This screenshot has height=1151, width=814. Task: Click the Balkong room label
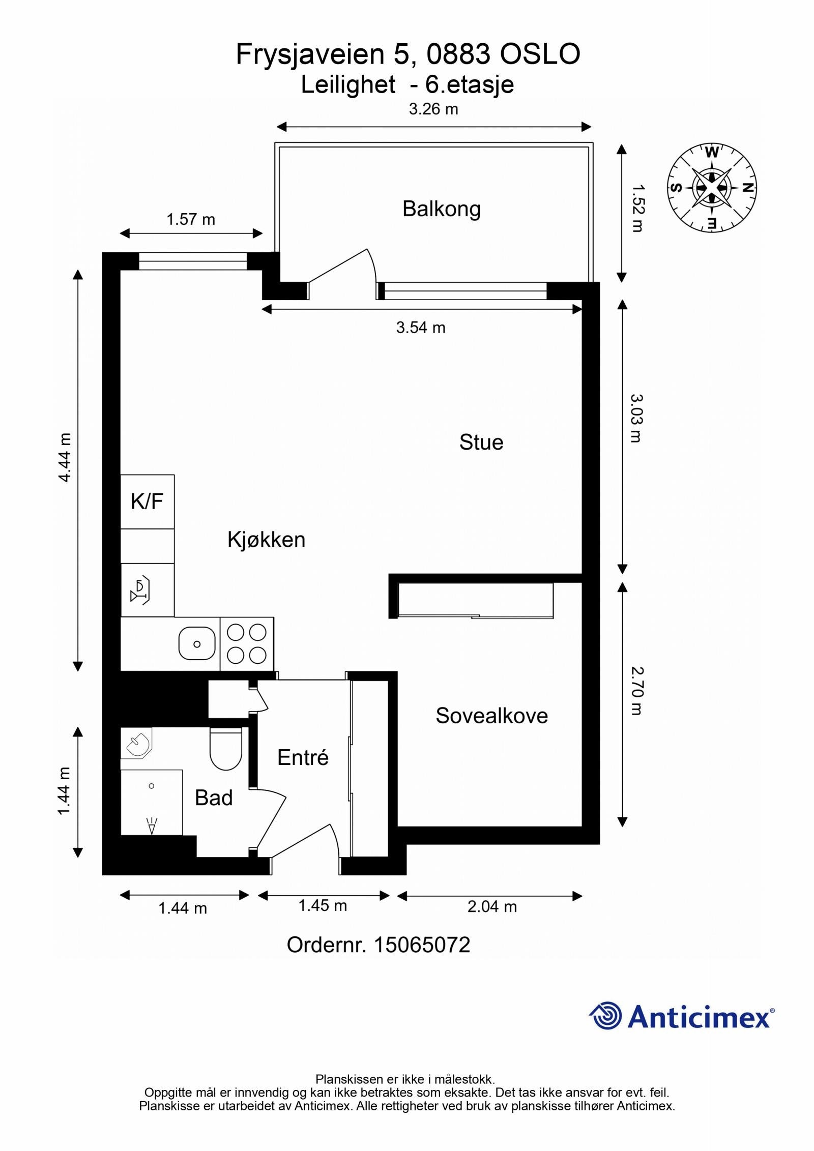pos(441,209)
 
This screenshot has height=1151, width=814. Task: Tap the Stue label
pos(481,442)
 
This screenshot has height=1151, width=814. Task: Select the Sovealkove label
pos(491,716)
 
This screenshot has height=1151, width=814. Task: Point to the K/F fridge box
pos(147,501)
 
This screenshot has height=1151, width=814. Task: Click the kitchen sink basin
pos(197,643)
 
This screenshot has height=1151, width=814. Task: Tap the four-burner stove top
pos(247,644)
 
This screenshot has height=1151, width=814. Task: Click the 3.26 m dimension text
pos(433,109)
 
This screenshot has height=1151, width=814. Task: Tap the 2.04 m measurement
pos(491,906)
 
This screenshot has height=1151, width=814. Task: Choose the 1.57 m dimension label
pos(191,219)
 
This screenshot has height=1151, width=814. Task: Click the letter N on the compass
pos(747,188)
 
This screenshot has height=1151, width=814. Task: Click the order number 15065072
pos(422,945)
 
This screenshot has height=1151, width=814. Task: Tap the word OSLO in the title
pos(540,54)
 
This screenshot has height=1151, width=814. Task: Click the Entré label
pos(303,758)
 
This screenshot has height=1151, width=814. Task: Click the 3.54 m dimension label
pos(421,328)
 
